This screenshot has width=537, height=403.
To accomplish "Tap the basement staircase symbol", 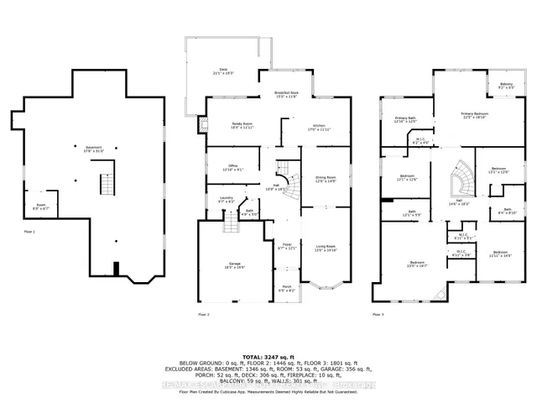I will (x=106, y=183).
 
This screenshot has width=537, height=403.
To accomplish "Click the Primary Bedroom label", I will (x=474, y=115).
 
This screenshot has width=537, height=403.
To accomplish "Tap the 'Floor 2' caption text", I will (x=203, y=314).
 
